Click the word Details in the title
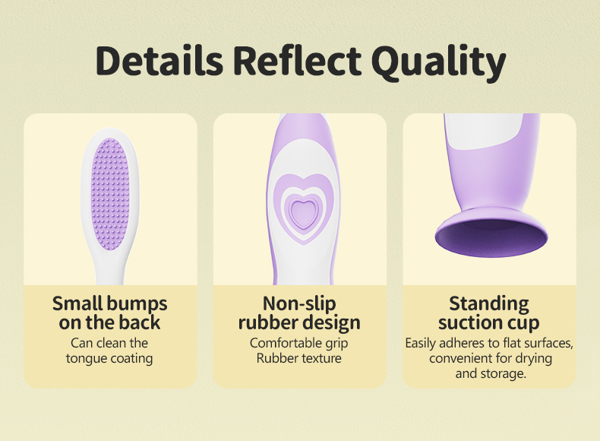pyautogui.click(x=159, y=60)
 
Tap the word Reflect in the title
pyautogui.click(x=297, y=60)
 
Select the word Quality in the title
pyautogui.click(x=439, y=63)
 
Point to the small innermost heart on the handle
pyautogui.click(x=304, y=211)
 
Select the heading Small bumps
pyautogui.click(x=110, y=304)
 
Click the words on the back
pyautogui.click(x=109, y=322)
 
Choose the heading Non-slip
pyautogui.click(x=299, y=303)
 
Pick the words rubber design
pyautogui.click(x=299, y=322)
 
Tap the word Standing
pyautogui.click(x=489, y=304)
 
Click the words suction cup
pyautogui.click(x=488, y=323)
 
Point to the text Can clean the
pyautogui.click(x=109, y=343)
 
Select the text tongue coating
pyautogui.click(x=109, y=359)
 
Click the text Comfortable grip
pyautogui.click(x=298, y=344)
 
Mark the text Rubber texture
pyautogui.click(x=298, y=358)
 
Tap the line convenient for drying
pyautogui.click(x=491, y=359)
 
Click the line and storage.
pyautogui.click(x=491, y=373)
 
